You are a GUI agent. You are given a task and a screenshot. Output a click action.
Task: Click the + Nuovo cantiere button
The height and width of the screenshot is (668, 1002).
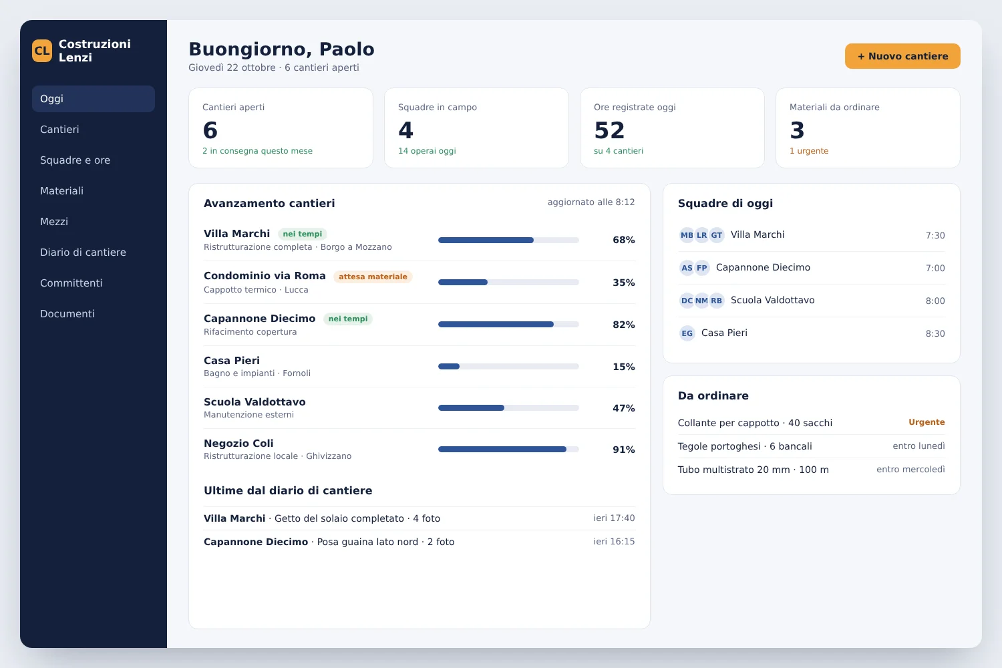pyautogui.click(x=902, y=56)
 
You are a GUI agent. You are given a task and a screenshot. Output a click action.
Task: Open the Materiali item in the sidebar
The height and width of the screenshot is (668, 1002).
pyautogui.click(x=61, y=190)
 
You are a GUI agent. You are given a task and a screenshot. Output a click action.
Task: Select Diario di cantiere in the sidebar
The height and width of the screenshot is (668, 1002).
pyautogui.click(x=83, y=253)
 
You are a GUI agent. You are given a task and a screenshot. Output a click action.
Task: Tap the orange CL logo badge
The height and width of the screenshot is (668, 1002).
pyautogui.click(x=42, y=51)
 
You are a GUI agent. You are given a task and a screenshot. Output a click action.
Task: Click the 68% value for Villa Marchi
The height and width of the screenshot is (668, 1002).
pyautogui.click(x=623, y=240)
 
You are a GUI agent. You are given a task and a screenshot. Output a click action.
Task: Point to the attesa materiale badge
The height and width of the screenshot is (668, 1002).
pyautogui.click(x=373, y=277)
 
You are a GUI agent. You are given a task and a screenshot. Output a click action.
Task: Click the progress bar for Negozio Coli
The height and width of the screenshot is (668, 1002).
pyautogui.click(x=508, y=449)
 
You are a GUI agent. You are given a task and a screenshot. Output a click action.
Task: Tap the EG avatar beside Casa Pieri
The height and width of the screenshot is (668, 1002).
pyautogui.click(x=687, y=333)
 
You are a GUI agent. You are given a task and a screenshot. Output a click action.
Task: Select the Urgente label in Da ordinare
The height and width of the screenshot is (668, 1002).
pyautogui.click(x=927, y=422)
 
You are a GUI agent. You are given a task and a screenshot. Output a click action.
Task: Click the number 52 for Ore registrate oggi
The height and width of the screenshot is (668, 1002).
pyautogui.click(x=609, y=130)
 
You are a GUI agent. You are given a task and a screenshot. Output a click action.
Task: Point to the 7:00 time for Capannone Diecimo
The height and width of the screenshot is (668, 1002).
pyautogui.click(x=935, y=268)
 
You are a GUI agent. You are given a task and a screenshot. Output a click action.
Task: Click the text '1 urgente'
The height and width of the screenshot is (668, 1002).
pyautogui.click(x=809, y=151)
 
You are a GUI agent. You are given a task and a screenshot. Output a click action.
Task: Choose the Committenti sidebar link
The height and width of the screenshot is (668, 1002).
pyautogui.click(x=71, y=283)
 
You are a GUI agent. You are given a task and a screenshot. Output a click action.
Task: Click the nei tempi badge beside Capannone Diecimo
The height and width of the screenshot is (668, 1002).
pyautogui.click(x=348, y=319)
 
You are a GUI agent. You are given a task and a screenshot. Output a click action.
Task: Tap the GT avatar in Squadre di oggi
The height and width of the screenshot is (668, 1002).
pyautogui.click(x=717, y=235)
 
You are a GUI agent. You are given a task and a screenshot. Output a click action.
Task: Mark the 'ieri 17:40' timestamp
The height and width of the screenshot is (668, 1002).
pyautogui.click(x=614, y=518)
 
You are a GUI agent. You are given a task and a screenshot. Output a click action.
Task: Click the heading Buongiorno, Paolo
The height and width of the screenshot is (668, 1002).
pyautogui.click(x=281, y=49)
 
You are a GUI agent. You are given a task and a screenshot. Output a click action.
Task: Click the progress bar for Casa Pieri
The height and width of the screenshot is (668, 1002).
pyautogui.click(x=508, y=367)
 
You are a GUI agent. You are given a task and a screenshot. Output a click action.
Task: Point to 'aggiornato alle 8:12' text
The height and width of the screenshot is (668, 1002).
pyautogui.click(x=591, y=202)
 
